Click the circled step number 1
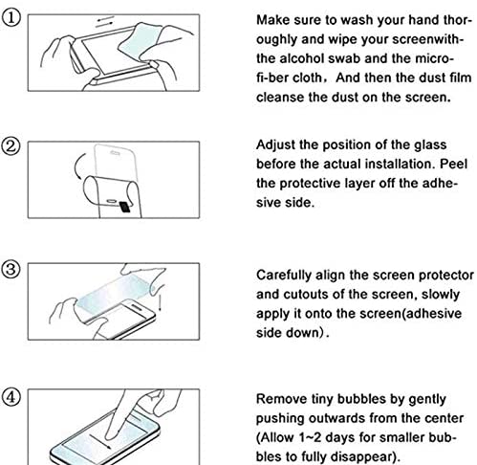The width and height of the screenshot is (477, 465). coord(11,18)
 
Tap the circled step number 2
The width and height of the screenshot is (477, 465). coord(11,146)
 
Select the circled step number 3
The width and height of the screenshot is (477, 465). coord(11,269)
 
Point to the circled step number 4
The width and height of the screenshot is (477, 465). coord(11,397)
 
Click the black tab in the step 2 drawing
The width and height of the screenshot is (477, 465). coord(124,207)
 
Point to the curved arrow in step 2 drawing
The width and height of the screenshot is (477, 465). coord(78,166)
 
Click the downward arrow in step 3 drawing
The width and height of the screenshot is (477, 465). coord(160,299)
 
